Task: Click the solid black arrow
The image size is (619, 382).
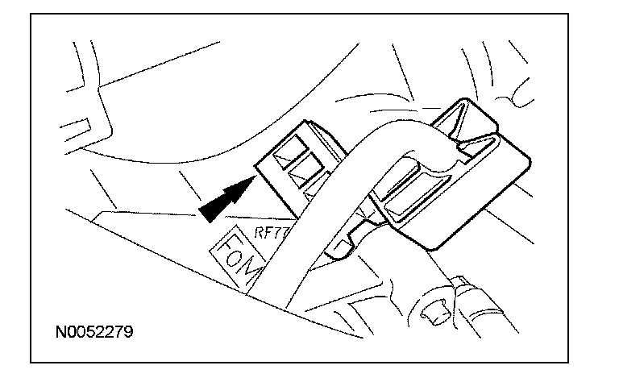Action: click(x=225, y=200)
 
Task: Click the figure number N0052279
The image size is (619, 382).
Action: click(x=94, y=331)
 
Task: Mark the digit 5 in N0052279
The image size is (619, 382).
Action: click(x=88, y=331)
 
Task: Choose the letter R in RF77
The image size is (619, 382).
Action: click(x=260, y=230)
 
